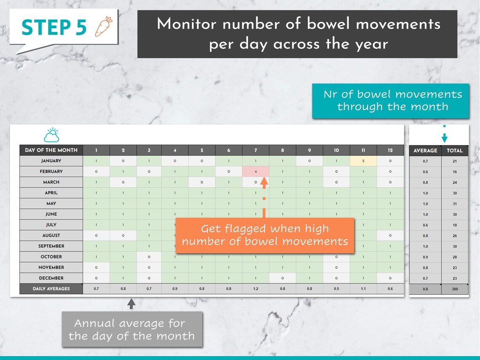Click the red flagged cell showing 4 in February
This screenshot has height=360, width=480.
pyautogui.click(x=256, y=171)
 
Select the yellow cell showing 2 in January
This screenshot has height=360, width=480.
pyautogui.click(x=363, y=161)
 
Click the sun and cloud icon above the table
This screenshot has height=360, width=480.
pyautogui.click(x=51, y=135)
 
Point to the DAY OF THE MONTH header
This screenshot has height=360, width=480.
pyautogui.click(x=51, y=150)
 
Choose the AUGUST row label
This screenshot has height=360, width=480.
pyautogui.click(x=51, y=235)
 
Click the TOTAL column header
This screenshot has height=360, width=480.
pyautogui.click(x=455, y=150)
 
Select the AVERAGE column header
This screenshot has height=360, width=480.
pyautogui.click(x=425, y=150)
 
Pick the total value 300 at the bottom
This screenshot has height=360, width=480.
pyautogui.click(x=455, y=289)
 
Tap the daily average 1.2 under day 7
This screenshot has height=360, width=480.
pyautogui.click(x=256, y=289)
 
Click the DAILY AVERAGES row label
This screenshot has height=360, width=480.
pyautogui.click(x=51, y=289)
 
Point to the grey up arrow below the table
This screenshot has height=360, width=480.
pyautogui.click(x=131, y=304)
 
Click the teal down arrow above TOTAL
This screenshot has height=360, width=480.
pyautogui.click(x=444, y=138)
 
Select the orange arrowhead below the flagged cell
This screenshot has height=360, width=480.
pyautogui.click(x=264, y=183)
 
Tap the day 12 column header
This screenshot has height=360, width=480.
pyautogui.click(x=390, y=150)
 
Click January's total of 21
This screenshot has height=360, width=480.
pyautogui.click(x=455, y=161)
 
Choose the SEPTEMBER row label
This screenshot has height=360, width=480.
pyautogui.click(x=51, y=246)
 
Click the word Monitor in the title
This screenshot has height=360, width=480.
pyautogui.click(x=187, y=24)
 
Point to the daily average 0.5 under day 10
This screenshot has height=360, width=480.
pyautogui.click(x=336, y=289)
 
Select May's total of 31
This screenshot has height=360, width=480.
pyautogui.click(x=455, y=204)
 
